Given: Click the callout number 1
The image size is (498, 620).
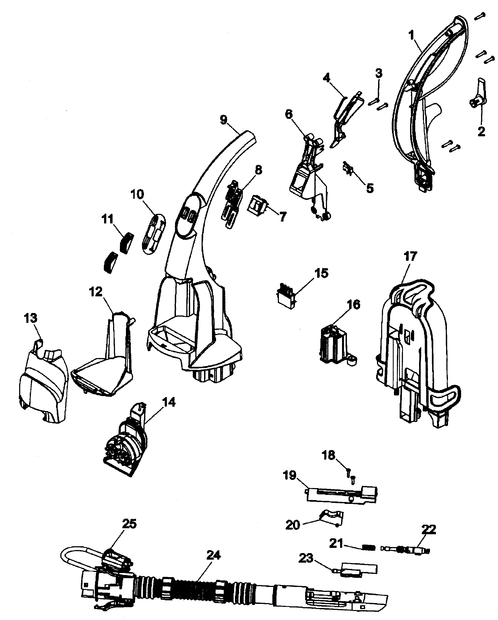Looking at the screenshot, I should click(411, 36).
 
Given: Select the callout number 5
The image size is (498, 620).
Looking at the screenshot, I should click(370, 188).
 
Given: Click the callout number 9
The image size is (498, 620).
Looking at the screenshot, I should click(223, 119).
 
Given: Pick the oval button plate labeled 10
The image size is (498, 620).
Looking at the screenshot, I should click(154, 234).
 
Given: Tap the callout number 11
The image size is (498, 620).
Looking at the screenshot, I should click(108, 219).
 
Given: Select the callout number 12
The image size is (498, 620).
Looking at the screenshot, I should click(96, 292).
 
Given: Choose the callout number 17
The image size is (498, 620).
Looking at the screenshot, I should click(410, 256).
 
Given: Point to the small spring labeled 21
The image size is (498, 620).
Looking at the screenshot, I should click(369, 548).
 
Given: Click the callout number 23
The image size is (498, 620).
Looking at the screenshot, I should click(305, 558).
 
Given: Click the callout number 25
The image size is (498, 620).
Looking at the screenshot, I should click(129, 524).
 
